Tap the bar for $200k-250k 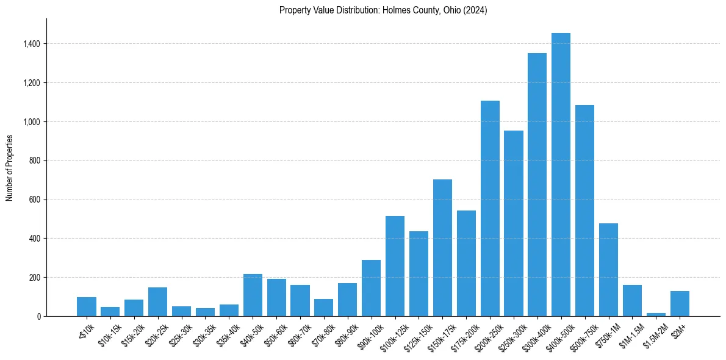pos(490,208)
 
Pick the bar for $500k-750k pos(584,211)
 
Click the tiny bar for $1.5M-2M pos(656,314)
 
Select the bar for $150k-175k pos(442,248)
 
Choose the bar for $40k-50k pos(253,295)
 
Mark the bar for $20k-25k pos(157,301)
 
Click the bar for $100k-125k pos(395,266)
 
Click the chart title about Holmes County pos(383,10)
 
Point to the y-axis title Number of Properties pos(10,167)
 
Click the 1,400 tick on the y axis pos(31,44)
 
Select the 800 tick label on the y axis pos(34,160)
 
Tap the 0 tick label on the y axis pos(38,316)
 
